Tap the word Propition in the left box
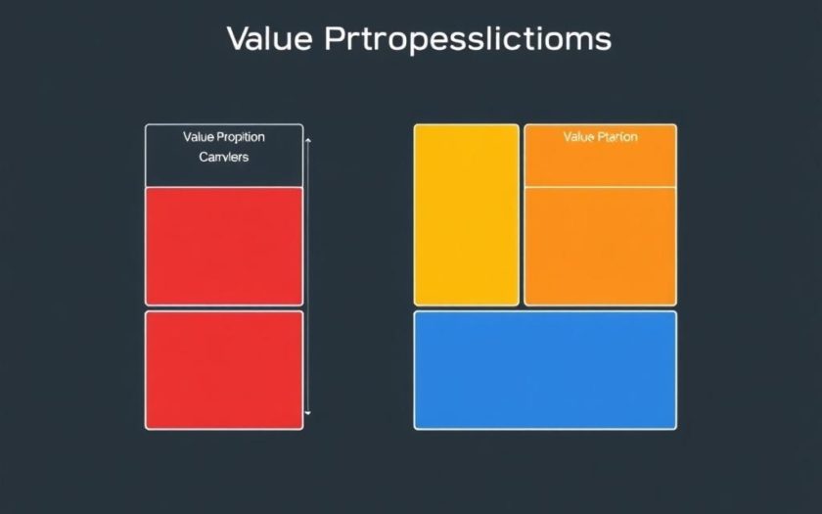pyautogui.click(x=242, y=137)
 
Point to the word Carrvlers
pyautogui.click(x=223, y=157)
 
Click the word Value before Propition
pyautogui.click(x=199, y=137)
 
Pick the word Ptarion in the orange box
pyautogui.click(x=616, y=137)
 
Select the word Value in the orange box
pyautogui.click(x=578, y=137)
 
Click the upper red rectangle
pyautogui.click(x=224, y=246)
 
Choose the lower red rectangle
pyautogui.click(x=224, y=370)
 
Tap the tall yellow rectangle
pyautogui.click(x=466, y=214)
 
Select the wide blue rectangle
pyautogui.click(x=544, y=370)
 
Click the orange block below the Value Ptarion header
pyautogui.click(x=600, y=245)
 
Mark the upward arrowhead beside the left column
pyautogui.click(x=308, y=142)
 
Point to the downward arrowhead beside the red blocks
pyautogui.click(x=308, y=414)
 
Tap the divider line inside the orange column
pyautogui.click(x=600, y=186)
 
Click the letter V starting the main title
pyautogui.click(x=238, y=40)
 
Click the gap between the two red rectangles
pyautogui.click(x=224, y=308)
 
